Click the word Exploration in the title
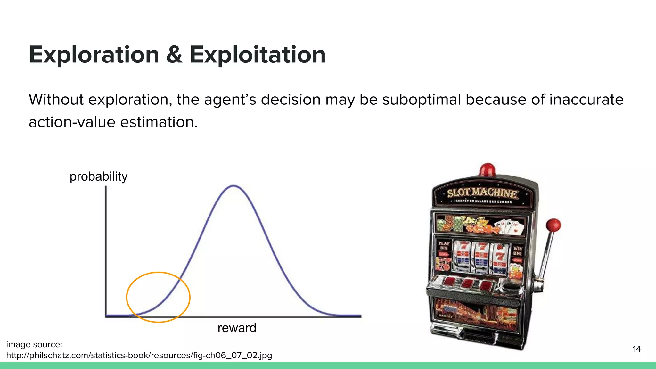94,55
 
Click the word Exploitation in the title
258,55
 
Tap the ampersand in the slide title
174,55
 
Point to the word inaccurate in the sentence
586,100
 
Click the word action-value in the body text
72,122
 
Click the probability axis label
98,176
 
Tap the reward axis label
237,328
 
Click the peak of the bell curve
234,186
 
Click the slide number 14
636,349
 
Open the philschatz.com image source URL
139,355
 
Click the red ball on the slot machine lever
553,225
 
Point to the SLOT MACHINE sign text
482,193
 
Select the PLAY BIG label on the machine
444,245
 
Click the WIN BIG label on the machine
517,251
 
